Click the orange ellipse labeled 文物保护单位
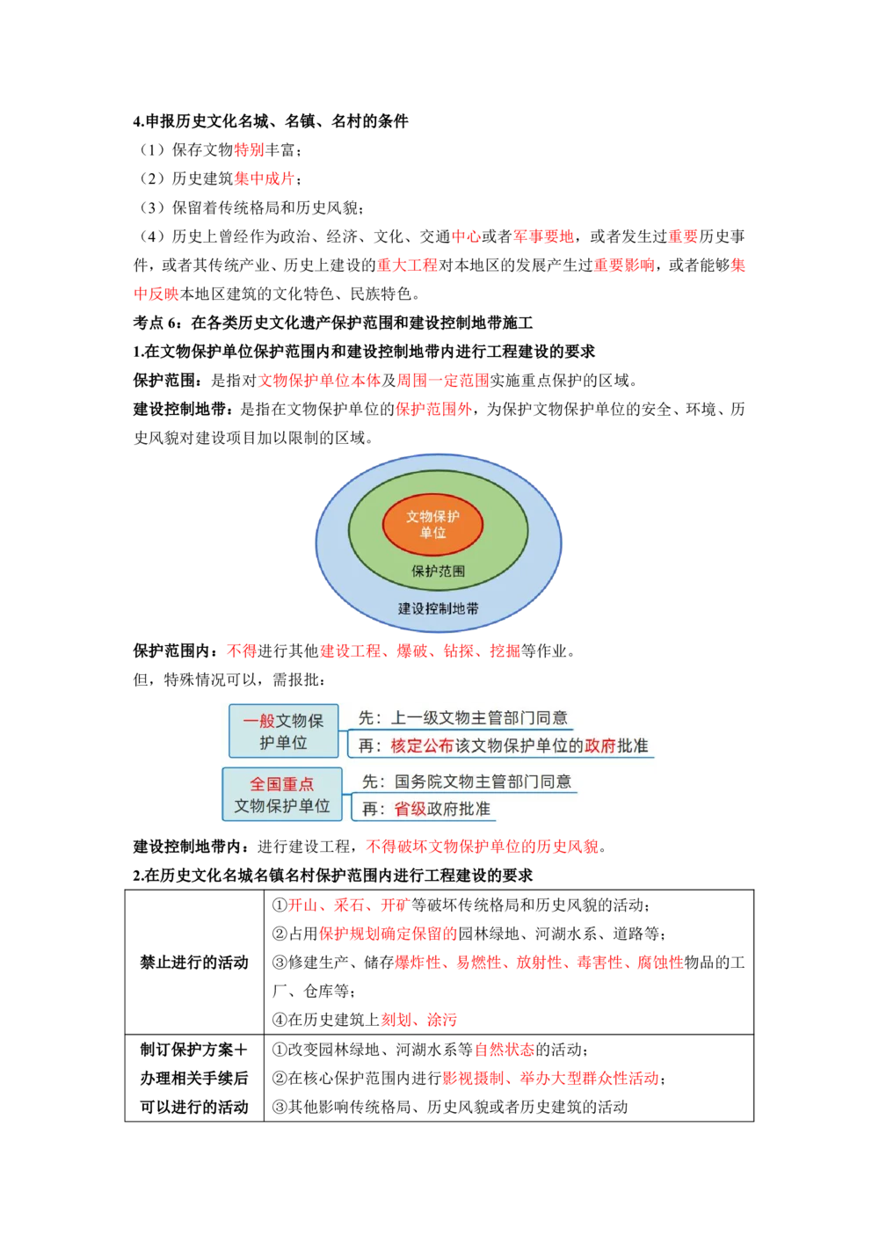(432, 525)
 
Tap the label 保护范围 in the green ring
(438, 571)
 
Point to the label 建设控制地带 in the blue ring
(438, 608)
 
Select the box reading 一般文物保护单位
(283, 731)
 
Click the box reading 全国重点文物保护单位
(281, 795)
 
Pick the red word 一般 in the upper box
(259, 721)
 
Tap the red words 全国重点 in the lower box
(281, 784)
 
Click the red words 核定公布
(422, 746)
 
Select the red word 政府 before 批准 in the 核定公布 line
(600, 746)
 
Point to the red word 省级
(410, 809)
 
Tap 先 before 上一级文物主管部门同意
(367, 718)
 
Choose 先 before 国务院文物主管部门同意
(370, 781)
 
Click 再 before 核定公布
(367, 746)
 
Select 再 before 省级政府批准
(370, 809)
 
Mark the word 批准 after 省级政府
(475, 809)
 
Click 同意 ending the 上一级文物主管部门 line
(552, 718)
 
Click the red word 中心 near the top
(466, 236)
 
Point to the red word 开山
(302, 905)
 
